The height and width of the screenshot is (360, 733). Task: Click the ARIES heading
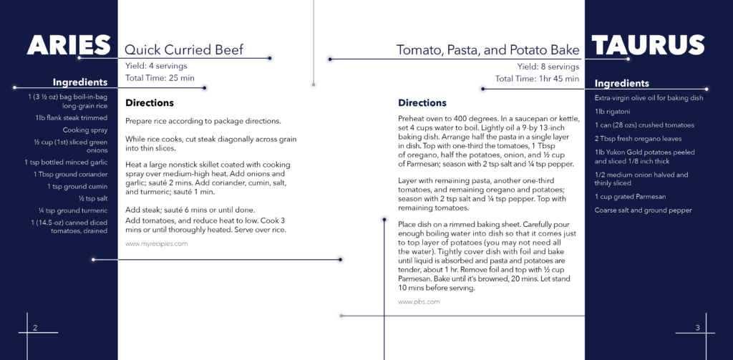pos(68,45)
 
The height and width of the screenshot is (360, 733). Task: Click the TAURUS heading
pos(648,45)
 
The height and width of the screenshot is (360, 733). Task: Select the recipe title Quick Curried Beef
pos(184,49)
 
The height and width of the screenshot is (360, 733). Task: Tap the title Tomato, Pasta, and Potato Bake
pos(488,50)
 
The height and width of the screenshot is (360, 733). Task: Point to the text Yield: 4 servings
pos(156,66)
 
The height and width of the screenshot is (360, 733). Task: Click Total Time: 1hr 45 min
pos(537,79)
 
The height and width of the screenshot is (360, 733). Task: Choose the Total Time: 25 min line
pos(160,78)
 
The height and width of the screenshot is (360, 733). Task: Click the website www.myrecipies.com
pos(157,243)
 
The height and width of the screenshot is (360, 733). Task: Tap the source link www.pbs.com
pos(419,302)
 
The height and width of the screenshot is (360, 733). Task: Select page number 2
pos(35,328)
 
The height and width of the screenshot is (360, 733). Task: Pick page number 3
pos(697,328)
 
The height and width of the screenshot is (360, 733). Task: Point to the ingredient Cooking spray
pos(85,130)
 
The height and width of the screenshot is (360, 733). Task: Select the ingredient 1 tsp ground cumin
pos(77,187)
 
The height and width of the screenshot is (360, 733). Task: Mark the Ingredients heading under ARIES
pos(80,83)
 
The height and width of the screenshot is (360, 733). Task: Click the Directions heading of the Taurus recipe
pos(422,103)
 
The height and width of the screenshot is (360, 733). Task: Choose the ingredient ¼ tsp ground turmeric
pos(74,210)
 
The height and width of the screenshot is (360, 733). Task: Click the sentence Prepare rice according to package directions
pos(203,121)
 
